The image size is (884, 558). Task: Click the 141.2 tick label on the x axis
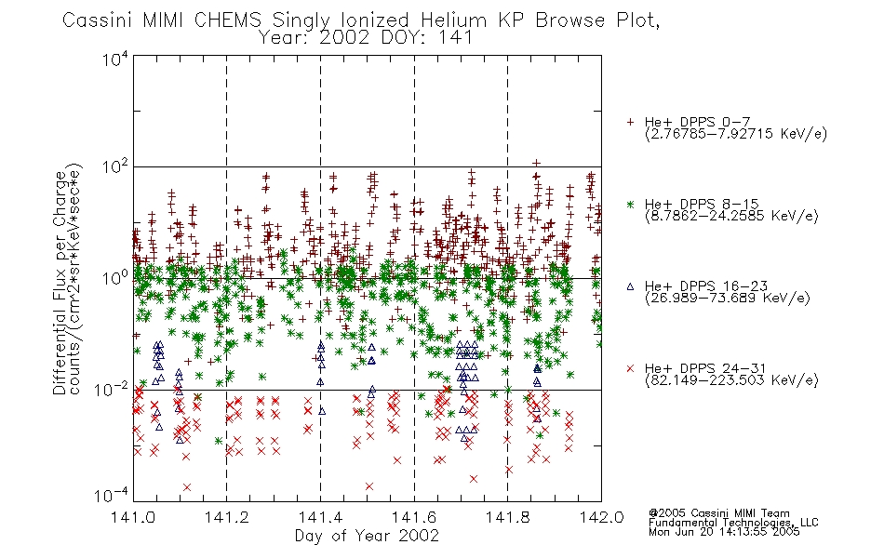point(227,517)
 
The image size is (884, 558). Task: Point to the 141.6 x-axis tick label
point(414,517)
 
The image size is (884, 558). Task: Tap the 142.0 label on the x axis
point(601,517)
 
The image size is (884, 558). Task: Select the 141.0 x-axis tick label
point(133,517)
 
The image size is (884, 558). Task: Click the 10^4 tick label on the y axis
point(115,59)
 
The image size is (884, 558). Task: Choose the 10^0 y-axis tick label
point(115,278)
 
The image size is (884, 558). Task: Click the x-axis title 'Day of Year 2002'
point(367,536)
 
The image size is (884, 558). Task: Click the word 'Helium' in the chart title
point(453,20)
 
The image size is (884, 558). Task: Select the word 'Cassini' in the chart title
point(97,20)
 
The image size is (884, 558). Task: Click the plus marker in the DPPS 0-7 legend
point(630,122)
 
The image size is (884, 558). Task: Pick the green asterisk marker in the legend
point(630,204)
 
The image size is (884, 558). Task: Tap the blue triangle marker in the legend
point(630,286)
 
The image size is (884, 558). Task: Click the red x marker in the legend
point(630,368)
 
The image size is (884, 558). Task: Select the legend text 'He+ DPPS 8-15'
point(702,204)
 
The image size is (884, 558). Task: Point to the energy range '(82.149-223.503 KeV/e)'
point(731,380)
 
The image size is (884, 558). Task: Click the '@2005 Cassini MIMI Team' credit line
point(718,513)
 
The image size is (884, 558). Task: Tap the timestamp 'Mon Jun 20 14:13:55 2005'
point(724,532)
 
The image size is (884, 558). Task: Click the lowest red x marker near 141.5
point(369,485)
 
